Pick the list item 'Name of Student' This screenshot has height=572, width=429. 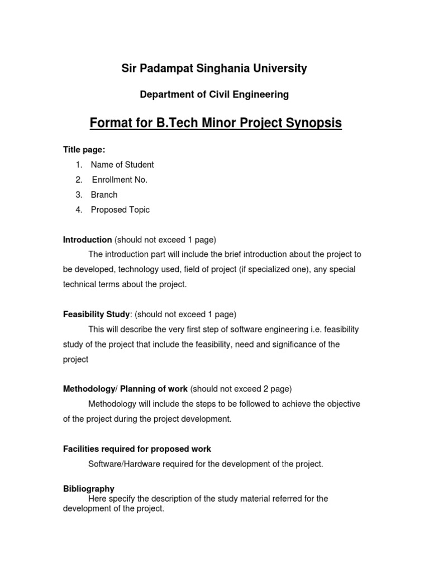pyautogui.click(x=122, y=165)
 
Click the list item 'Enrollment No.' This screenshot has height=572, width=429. pyautogui.click(x=120, y=180)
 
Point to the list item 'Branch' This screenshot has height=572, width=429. pyautogui.click(x=104, y=195)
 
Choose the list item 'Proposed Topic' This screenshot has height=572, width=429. pyautogui.click(x=120, y=210)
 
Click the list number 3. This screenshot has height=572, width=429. pyautogui.click(x=79, y=195)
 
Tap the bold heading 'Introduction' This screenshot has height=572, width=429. pyautogui.click(x=88, y=240)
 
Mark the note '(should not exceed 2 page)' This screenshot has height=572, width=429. pyautogui.click(x=241, y=389)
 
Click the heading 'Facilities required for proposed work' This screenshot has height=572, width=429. pyautogui.click(x=137, y=449)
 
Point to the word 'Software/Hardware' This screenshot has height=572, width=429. pyautogui.click(x=122, y=464)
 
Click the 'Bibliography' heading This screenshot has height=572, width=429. pyautogui.click(x=89, y=489)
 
